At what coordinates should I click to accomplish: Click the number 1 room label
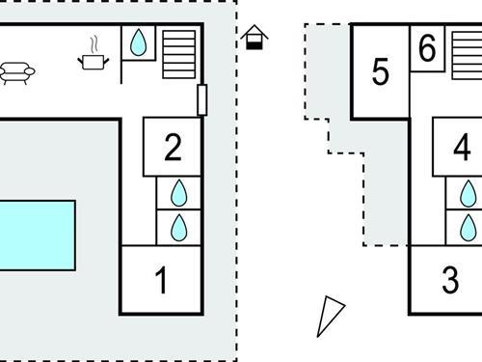[x=162, y=281]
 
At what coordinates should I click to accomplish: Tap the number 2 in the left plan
[x=173, y=148]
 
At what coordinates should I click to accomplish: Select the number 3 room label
[x=450, y=281]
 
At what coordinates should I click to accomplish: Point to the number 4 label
[x=462, y=148]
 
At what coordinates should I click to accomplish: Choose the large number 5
[x=380, y=71]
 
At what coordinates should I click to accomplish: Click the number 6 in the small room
[x=428, y=47]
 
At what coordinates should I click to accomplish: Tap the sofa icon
[x=15, y=72]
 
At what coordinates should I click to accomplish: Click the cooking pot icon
[x=93, y=62]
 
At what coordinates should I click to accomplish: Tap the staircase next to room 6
[x=467, y=54]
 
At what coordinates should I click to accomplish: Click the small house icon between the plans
[x=254, y=38]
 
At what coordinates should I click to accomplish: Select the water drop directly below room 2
[x=178, y=193]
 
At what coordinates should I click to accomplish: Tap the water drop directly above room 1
[x=178, y=228]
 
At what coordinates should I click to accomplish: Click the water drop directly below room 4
[x=469, y=193]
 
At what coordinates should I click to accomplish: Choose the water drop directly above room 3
[x=469, y=228]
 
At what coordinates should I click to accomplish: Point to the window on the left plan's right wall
[x=201, y=98]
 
